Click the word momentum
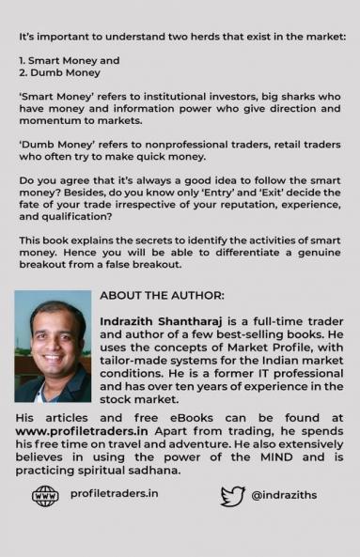click(x=51, y=122)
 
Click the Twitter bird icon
click(x=233, y=495)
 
